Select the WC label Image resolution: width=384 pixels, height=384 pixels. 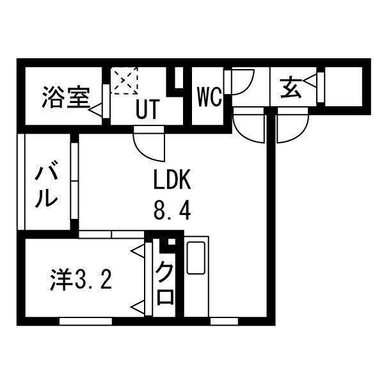click(x=209, y=97)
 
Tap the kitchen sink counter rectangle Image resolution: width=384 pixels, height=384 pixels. click(x=196, y=257)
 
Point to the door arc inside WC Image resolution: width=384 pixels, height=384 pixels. click(x=242, y=83)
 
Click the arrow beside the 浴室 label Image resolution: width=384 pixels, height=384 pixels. click(x=96, y=109)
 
